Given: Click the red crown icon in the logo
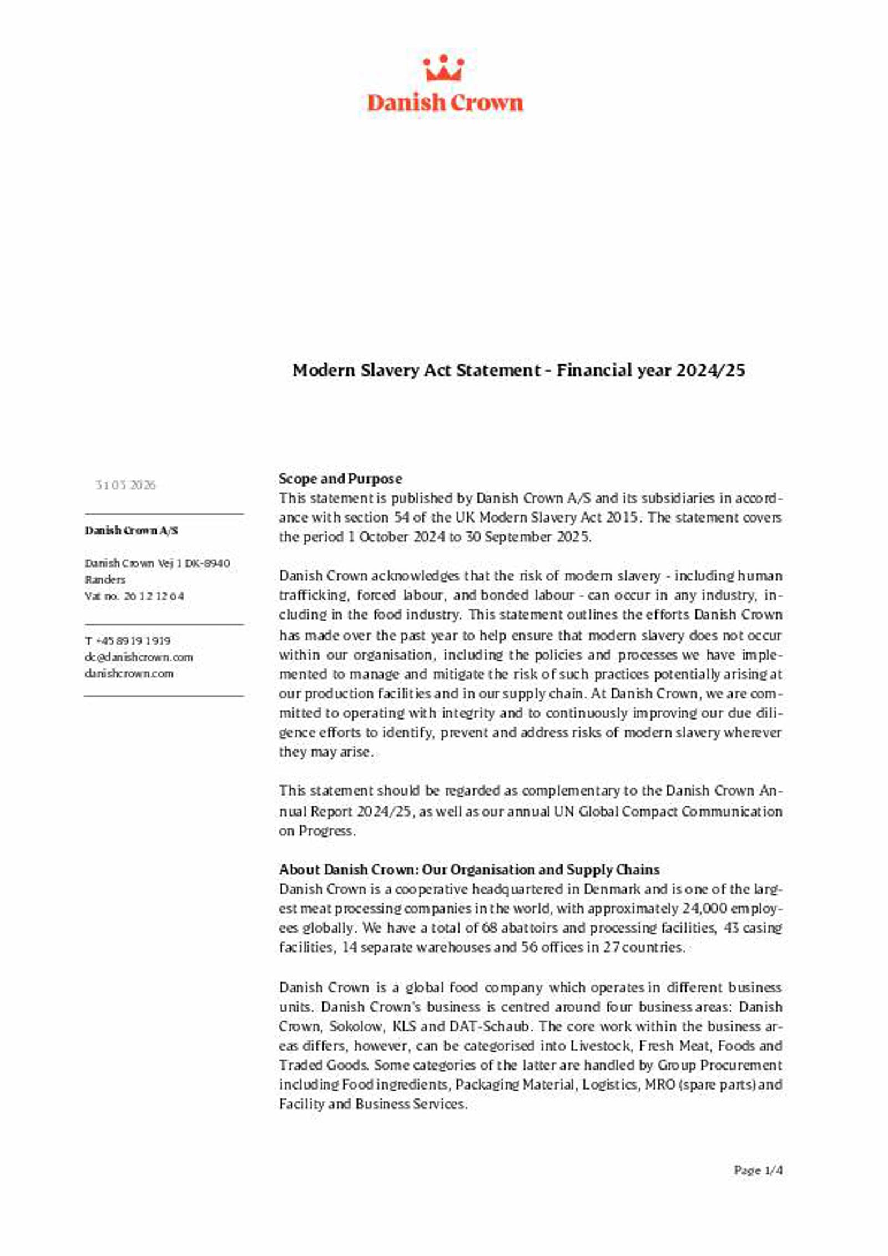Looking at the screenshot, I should (x=443, y=69).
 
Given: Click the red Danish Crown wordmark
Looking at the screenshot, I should (x=445, y=103).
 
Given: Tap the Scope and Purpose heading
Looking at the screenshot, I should (x=340, y=479).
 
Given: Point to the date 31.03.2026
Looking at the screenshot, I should (x=125, y=485).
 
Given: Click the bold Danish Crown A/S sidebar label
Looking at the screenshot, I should (x=131, y=531).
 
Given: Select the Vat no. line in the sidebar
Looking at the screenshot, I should (x=134, y=596).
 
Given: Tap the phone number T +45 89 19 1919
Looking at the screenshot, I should (x=128, y=641).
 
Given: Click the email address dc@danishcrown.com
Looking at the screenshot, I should (x=139, y=657).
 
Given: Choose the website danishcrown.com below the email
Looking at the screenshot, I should (x=129, y=674).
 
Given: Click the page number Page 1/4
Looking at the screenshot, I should (x=758, y=1171).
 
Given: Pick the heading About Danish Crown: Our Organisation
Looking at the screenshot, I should (x=469, y=870).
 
